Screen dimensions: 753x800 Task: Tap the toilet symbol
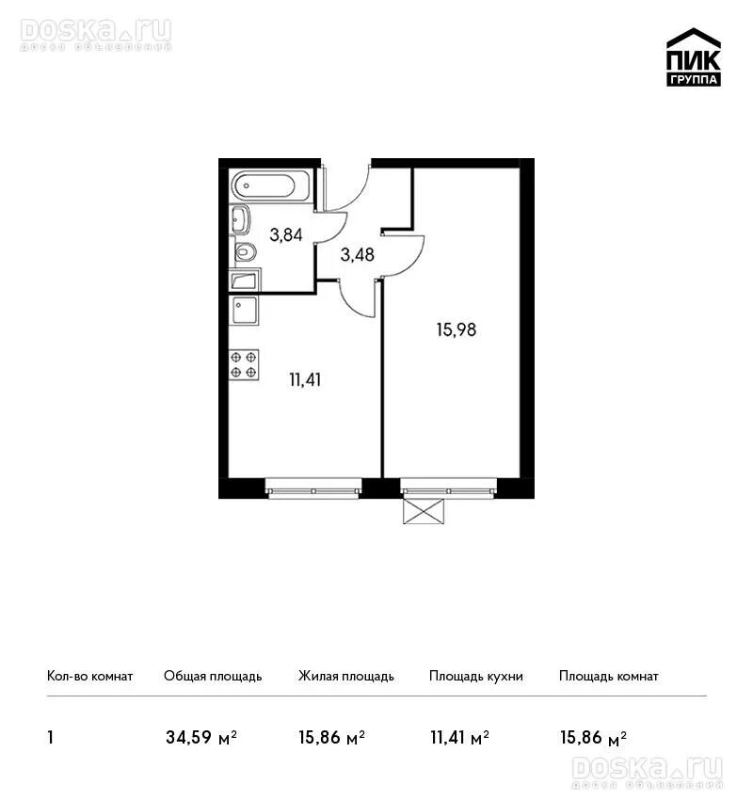pyautogui.click(x=245, y=251)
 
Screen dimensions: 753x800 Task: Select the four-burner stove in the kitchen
pyautogui.click(x=244, y=365)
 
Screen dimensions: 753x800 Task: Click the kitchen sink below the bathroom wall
pyautogui.click(x=245, y=310)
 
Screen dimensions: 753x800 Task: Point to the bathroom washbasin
pyautogui.click(x=240, y=219)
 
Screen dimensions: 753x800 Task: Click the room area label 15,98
pyautogui.click(x=457, y=330)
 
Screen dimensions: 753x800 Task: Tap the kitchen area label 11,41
pyautogui.click(x=305, y=380)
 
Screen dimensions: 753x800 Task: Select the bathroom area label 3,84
pyautogui.click(x=286, y=235)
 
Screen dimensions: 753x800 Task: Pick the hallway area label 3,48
pyautogui.click(x=357, y=255)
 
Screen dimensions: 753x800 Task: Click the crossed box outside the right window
pyautogui.click(x=424, y=511)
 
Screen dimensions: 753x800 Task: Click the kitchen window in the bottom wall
pyautogui.click(x=313, y=488)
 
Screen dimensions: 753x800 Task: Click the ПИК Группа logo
pyautogui.click(x=694, y=57)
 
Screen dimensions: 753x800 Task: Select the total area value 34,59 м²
pyautogui.click(x=201, y=738)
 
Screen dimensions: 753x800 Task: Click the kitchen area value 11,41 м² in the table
pyautogui.click(x=459, y=738)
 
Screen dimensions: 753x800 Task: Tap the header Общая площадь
pyautogui.click(x=213, y=677)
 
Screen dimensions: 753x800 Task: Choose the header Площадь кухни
pyautogui.click(x=476, y=677)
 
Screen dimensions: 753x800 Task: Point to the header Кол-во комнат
pyautogui.click(x=89, y=677)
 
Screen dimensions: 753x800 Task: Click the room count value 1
pyautogui.click(x=50, y=738)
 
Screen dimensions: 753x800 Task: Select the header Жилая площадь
pyautogui.click(x=345, y=677)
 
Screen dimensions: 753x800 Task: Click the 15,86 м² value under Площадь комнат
pyautogui.click(x=593, y=738)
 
